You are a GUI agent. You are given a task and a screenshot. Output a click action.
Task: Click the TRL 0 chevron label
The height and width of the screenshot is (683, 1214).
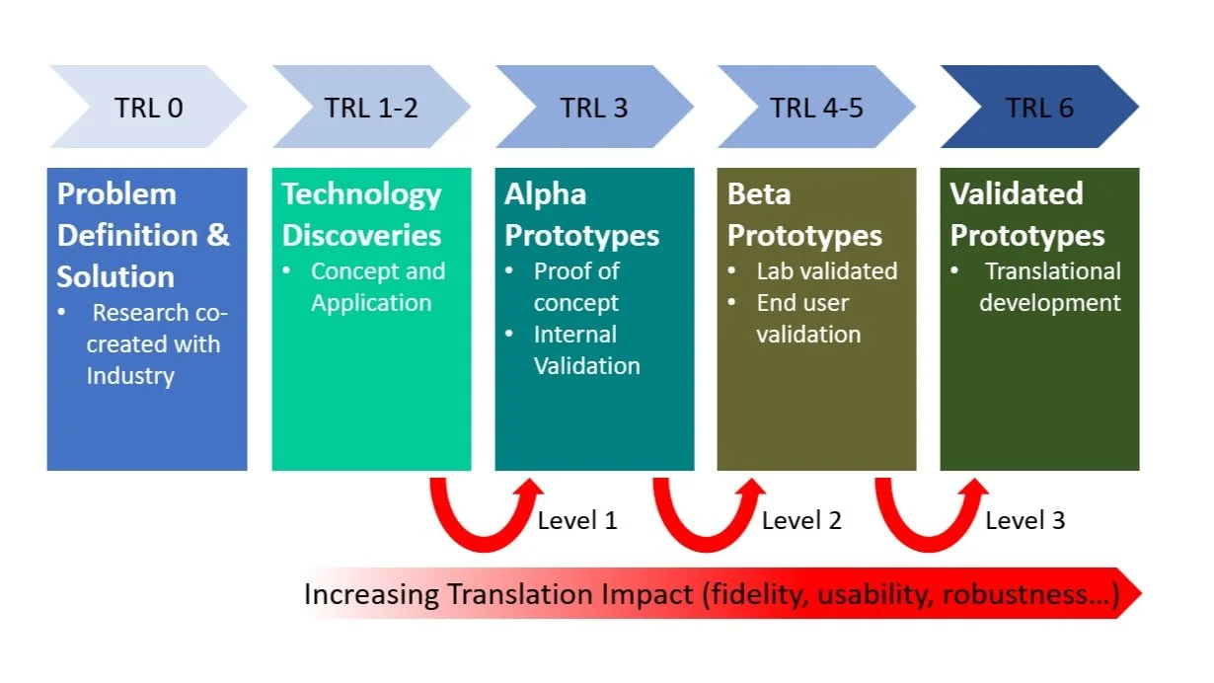[149, 108]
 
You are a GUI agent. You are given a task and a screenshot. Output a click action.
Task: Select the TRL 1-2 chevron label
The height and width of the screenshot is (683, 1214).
[371, 108]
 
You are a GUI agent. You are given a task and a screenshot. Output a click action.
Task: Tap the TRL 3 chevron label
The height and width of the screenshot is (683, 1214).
[594, 108]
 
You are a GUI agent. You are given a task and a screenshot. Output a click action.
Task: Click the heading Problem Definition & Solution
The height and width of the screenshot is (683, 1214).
[143, 235]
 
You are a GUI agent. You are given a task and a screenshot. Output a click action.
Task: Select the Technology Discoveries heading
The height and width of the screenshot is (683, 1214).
[361, 214]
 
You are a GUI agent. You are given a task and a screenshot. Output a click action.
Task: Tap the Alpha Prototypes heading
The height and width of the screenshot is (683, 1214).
[581, 214]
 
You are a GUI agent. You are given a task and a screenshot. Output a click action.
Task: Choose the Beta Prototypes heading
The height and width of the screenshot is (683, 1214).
[804, 214]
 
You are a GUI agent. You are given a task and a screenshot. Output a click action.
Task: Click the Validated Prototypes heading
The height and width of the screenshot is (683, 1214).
[1026, 214]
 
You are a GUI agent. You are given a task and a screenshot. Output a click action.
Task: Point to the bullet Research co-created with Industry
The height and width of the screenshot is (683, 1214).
[153, 344]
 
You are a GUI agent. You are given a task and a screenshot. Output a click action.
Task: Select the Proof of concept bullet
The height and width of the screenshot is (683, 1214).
[576, 286]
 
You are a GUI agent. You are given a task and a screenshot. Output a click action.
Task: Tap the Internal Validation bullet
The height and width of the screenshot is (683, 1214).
[586, 349]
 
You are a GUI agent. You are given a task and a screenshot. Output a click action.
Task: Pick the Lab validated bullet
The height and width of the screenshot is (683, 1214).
[826, 271]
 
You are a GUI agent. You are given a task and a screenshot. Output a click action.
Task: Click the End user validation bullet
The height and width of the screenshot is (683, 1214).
[807, 318]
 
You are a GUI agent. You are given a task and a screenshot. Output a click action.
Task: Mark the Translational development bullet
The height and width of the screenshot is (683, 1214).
[1050, 286]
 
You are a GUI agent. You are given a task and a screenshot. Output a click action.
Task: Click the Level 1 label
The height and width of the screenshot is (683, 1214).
[577, 520]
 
